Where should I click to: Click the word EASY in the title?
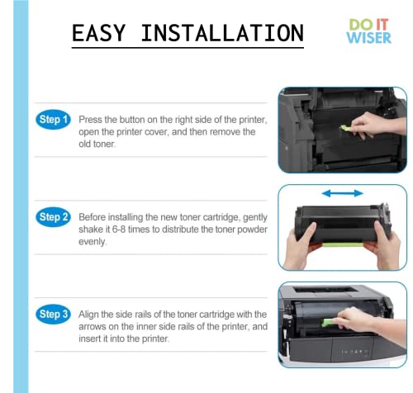[99, 33]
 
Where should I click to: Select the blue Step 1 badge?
[54, 121]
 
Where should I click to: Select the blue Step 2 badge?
[54, 217]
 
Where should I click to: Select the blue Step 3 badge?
[54, 315]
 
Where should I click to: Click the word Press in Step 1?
[89, 121]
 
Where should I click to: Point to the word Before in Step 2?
[93, 217]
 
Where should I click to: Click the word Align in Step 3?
[89, 315]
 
